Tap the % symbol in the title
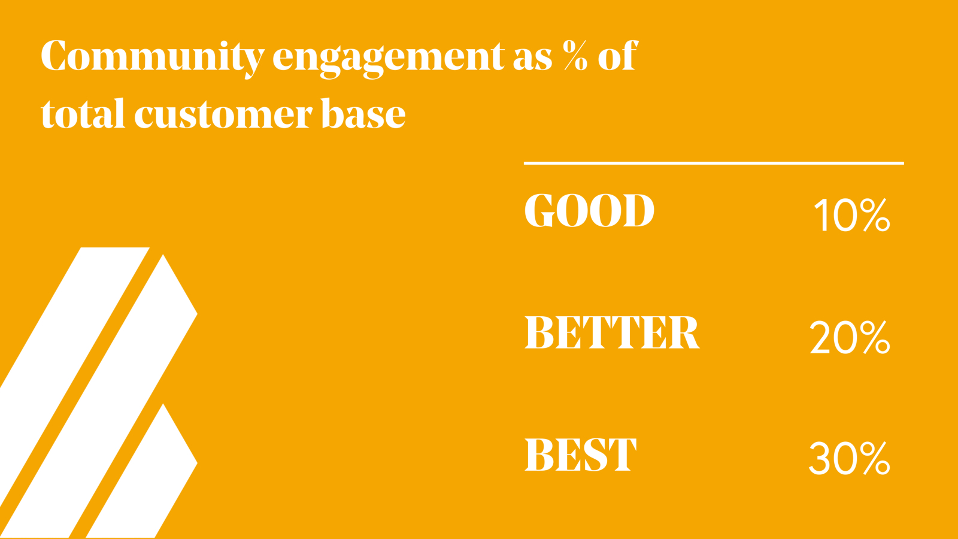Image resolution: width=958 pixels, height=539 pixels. pyautogui.click(x=575, y=55)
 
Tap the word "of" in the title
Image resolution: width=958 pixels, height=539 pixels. pyautogui.click(x=618, y=55)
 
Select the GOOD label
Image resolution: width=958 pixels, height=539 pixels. pyautogui.click(x=589, y=210)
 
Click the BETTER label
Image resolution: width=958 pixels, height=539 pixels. pyautogui.click(x=612, y=333)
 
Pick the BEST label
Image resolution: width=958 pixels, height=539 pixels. pyautogui.click(x=580, y=455)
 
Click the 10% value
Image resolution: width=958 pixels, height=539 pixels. pyautogui.click(x=853, y=215)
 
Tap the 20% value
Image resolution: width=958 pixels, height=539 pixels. pyautogui.click(x=850, y=338)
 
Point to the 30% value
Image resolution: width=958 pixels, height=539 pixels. pyautogui.click(x=850, y=459)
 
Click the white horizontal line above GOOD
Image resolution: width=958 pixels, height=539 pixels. pyautogui.click(x=714, y=163)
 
